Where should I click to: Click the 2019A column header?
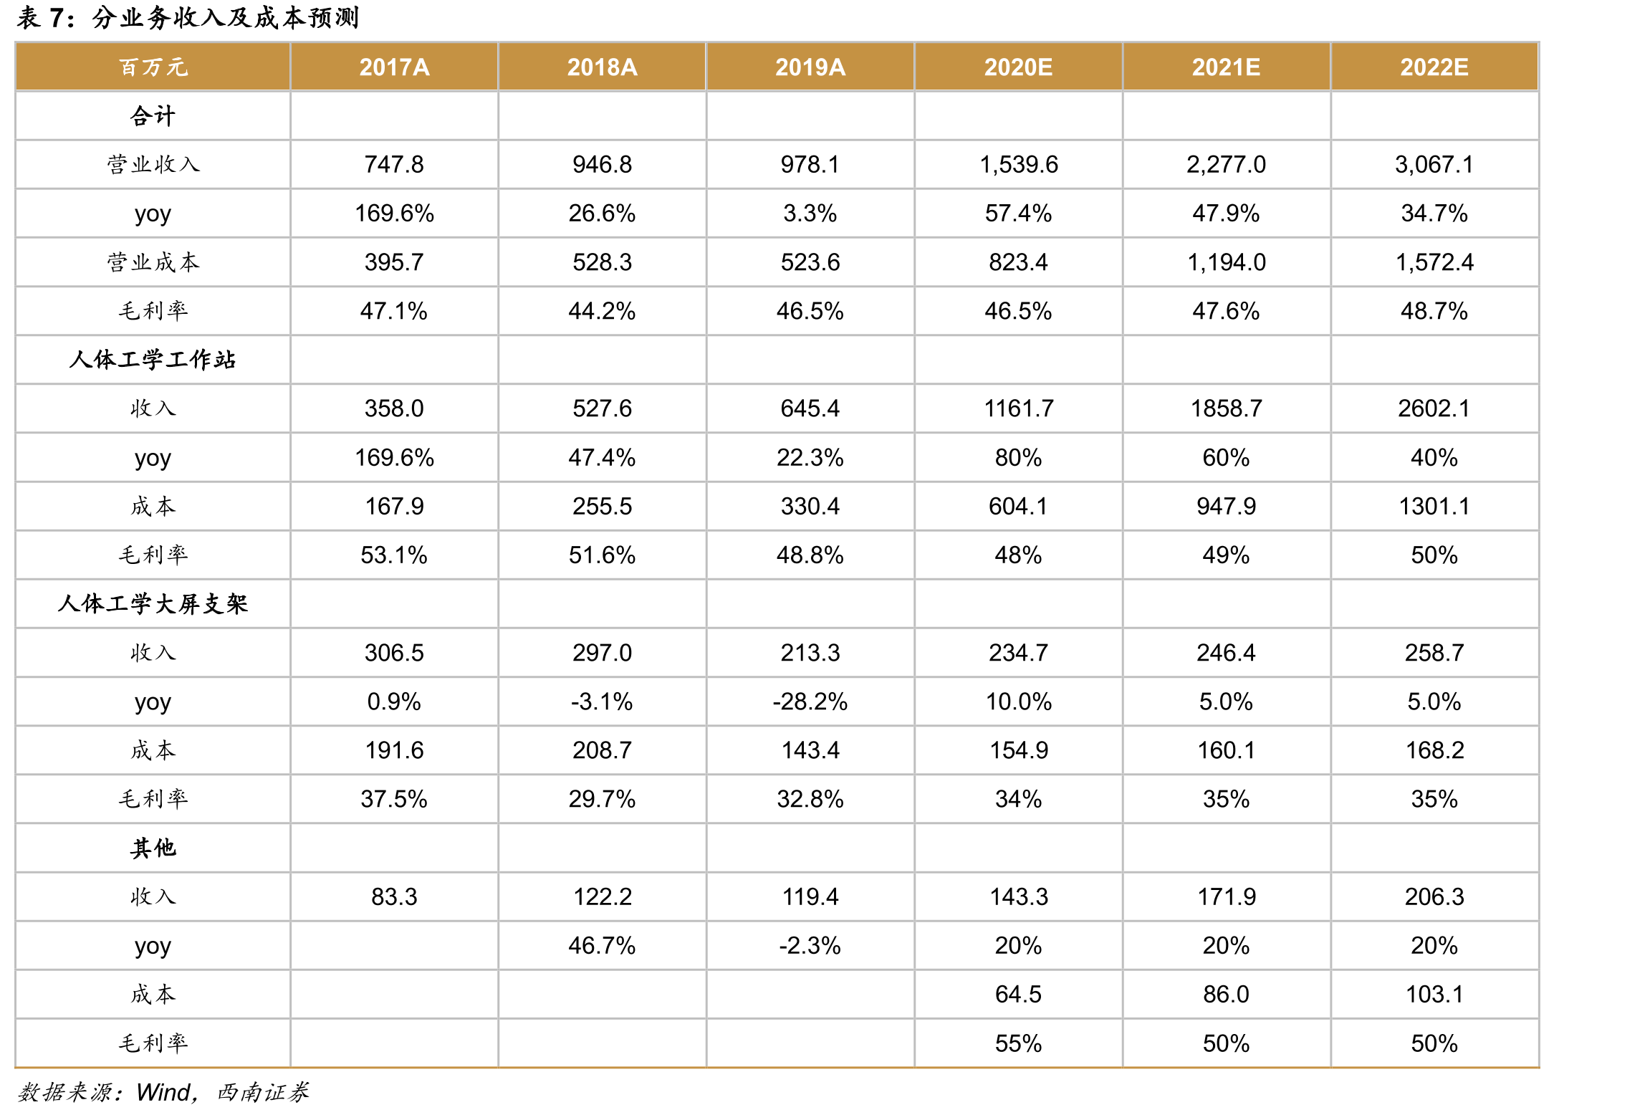(810, 67)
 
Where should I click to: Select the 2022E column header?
(1434, 67)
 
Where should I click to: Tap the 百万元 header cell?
(153, 67)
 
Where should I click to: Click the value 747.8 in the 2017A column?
(394, 165)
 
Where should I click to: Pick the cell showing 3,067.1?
(1434, 165)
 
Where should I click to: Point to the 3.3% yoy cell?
(810, 214)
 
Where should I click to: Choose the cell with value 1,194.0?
(1227, 262)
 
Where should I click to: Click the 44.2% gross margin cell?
(602, 311)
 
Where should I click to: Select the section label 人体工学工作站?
(153, 360)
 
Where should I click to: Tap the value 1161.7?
(1019, 408)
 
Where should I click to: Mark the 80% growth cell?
(1019, 457)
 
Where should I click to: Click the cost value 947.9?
(1227, 507)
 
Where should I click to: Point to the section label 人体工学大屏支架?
(153, 604)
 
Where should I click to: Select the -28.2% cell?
(810, 702)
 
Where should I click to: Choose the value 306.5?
(394, 653)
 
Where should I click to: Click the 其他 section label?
(153, 848)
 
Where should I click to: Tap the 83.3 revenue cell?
(394, 896)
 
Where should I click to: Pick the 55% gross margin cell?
(1019, 1043)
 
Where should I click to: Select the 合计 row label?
(153, 116)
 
